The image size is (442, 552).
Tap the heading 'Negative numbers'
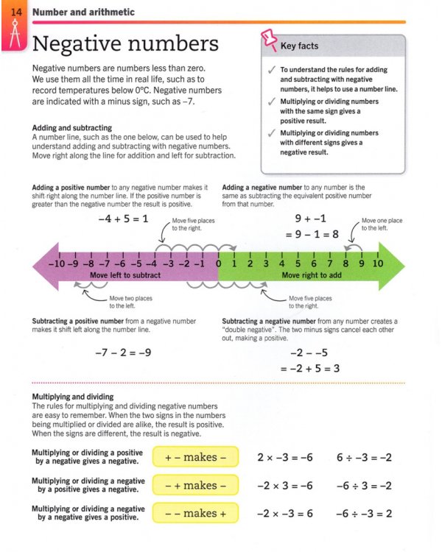pyautogui.click(x=126, y=43)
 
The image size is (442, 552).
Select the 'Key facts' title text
pyautogui.click(x=300, y=46)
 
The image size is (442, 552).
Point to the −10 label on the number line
pyautogui.click(x=56, y=263)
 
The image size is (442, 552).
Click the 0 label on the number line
pyautogui.click(x=219, y=263)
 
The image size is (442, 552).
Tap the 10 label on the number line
pyautogui.click(x=377, y=263)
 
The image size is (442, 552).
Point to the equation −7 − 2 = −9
pyautogui.click(x=123, y=353)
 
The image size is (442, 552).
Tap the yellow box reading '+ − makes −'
pyautogui.click(x=196, y=457)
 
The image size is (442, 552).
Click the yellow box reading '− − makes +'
pyautogui.click(x=196, y=513)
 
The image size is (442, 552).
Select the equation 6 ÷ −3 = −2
pyautogui.click(x=364, y=457)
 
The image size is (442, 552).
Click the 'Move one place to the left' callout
pyautogui.click(x=385, y=224)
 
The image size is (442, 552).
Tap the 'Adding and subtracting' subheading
pyautogui.click(x=72, y=127)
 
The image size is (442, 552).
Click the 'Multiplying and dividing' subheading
pyautogui.click(x=73, y=397)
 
